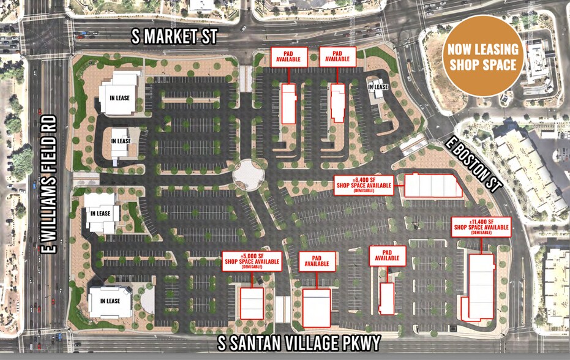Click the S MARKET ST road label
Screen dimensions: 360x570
[x=175, y=37]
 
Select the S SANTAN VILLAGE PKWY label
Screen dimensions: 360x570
[x=299, y=343]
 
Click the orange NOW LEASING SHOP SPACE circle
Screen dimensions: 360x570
[x=483, y=56]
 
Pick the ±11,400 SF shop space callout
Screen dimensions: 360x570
[x=481, y=227]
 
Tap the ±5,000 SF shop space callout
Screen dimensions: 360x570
[x=252, y=261]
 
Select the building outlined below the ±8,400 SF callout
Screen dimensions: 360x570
[x=433, y=185]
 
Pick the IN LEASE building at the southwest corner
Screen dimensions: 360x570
[x=110, y=301]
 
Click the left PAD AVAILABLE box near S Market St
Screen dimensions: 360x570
[x=288, y=56]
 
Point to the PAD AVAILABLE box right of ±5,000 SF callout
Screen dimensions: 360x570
[x=317, y=261]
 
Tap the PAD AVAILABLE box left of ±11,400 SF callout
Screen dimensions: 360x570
[x=387, y=256]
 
